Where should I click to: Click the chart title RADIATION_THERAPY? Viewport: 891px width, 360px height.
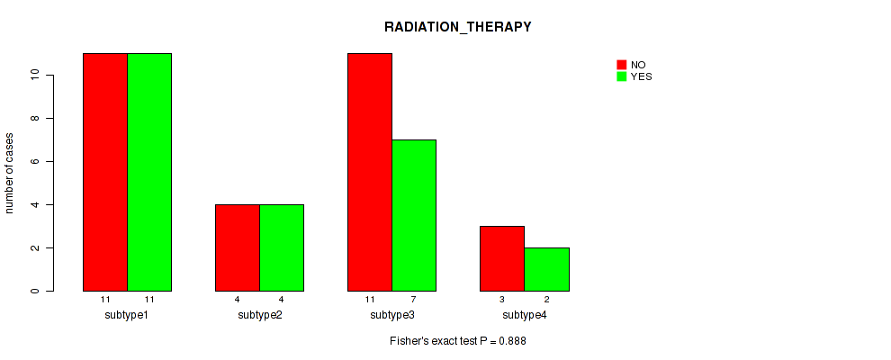[x=457, y=27]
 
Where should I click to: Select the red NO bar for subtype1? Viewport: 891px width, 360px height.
[x=105, y=172]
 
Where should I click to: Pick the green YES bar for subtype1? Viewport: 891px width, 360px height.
[x=149, y=172]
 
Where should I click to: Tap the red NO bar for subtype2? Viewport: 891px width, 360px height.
[x=238, y=247]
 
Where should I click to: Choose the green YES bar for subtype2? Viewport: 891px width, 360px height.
[x=282, y=247]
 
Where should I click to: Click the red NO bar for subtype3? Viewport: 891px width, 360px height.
[x=370, y=172]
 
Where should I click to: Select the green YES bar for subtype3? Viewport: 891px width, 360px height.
[x=414, y=215]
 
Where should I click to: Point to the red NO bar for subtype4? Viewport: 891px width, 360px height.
[x=502, y=258]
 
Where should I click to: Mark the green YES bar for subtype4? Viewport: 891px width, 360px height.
[x=546, y=269]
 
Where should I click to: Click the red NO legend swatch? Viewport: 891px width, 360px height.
[x=622, y=65]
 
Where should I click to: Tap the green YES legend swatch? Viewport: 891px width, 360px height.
[x=622, y=76]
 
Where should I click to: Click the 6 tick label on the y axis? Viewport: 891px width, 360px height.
[x=35, y=161]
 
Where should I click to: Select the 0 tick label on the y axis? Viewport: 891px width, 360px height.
[x=35, y=292]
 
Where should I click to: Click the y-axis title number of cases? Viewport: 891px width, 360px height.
[x=9, y=173]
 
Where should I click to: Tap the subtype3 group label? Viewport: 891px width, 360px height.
[x=392, y=315]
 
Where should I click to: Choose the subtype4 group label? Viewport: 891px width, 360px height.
[x=525, y=315]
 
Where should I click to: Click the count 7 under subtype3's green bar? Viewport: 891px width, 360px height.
[x=414, y=299]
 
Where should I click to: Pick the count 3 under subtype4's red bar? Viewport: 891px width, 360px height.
[x=502, y=299]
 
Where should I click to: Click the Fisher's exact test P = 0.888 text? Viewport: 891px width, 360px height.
[x=458, y=341]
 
